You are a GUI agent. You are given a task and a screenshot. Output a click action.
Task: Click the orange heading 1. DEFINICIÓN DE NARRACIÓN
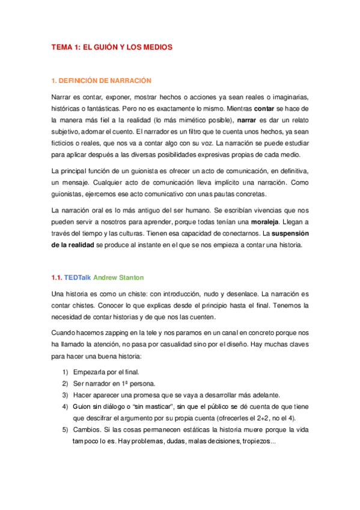pos(101,80)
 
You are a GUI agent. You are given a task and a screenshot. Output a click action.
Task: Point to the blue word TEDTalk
pos(77,277)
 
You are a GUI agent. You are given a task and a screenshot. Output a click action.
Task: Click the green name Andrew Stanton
pos(119,277)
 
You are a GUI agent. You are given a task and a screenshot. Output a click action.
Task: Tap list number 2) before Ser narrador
pos(64,384)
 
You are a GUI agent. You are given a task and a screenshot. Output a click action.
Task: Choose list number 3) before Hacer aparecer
pos(64,395)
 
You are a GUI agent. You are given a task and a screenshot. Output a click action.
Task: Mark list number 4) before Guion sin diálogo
pos(64,407)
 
